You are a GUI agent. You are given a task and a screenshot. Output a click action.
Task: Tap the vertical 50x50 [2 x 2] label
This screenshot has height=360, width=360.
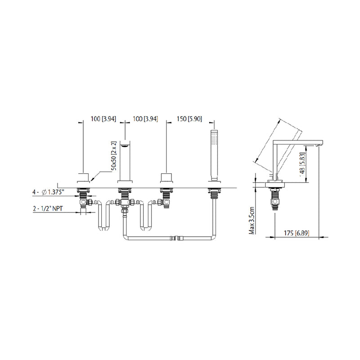click(115, 155)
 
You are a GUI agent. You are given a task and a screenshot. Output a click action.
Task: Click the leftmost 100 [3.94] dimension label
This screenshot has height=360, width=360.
click(103, 119)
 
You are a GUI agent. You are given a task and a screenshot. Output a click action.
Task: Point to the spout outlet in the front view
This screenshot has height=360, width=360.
click(126, 145)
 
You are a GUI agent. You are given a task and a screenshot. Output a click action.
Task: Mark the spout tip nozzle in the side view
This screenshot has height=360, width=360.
click(321, 144)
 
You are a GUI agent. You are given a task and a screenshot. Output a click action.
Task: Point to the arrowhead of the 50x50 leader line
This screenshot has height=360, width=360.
click(90, 181)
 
